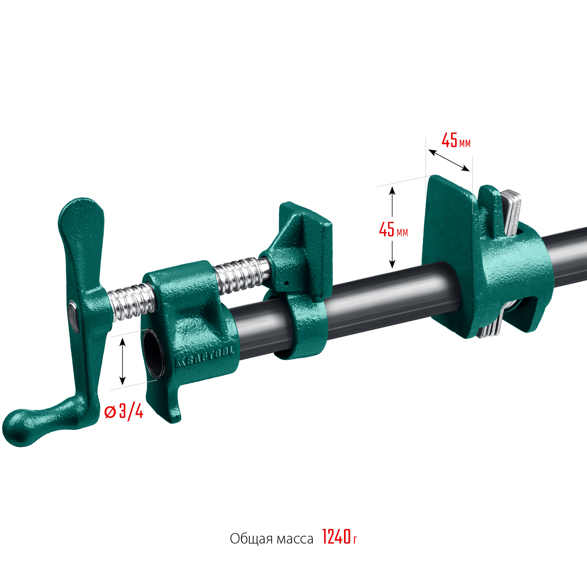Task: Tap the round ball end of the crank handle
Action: click(18, 427)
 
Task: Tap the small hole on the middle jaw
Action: click(286, 283)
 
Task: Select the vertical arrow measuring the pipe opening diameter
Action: click(122, 361)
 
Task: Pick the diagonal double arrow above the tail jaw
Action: click(449, 160)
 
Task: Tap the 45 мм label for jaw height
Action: click(393, 230)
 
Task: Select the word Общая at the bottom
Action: click(251, 539)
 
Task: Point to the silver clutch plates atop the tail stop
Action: click(512, 211)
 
